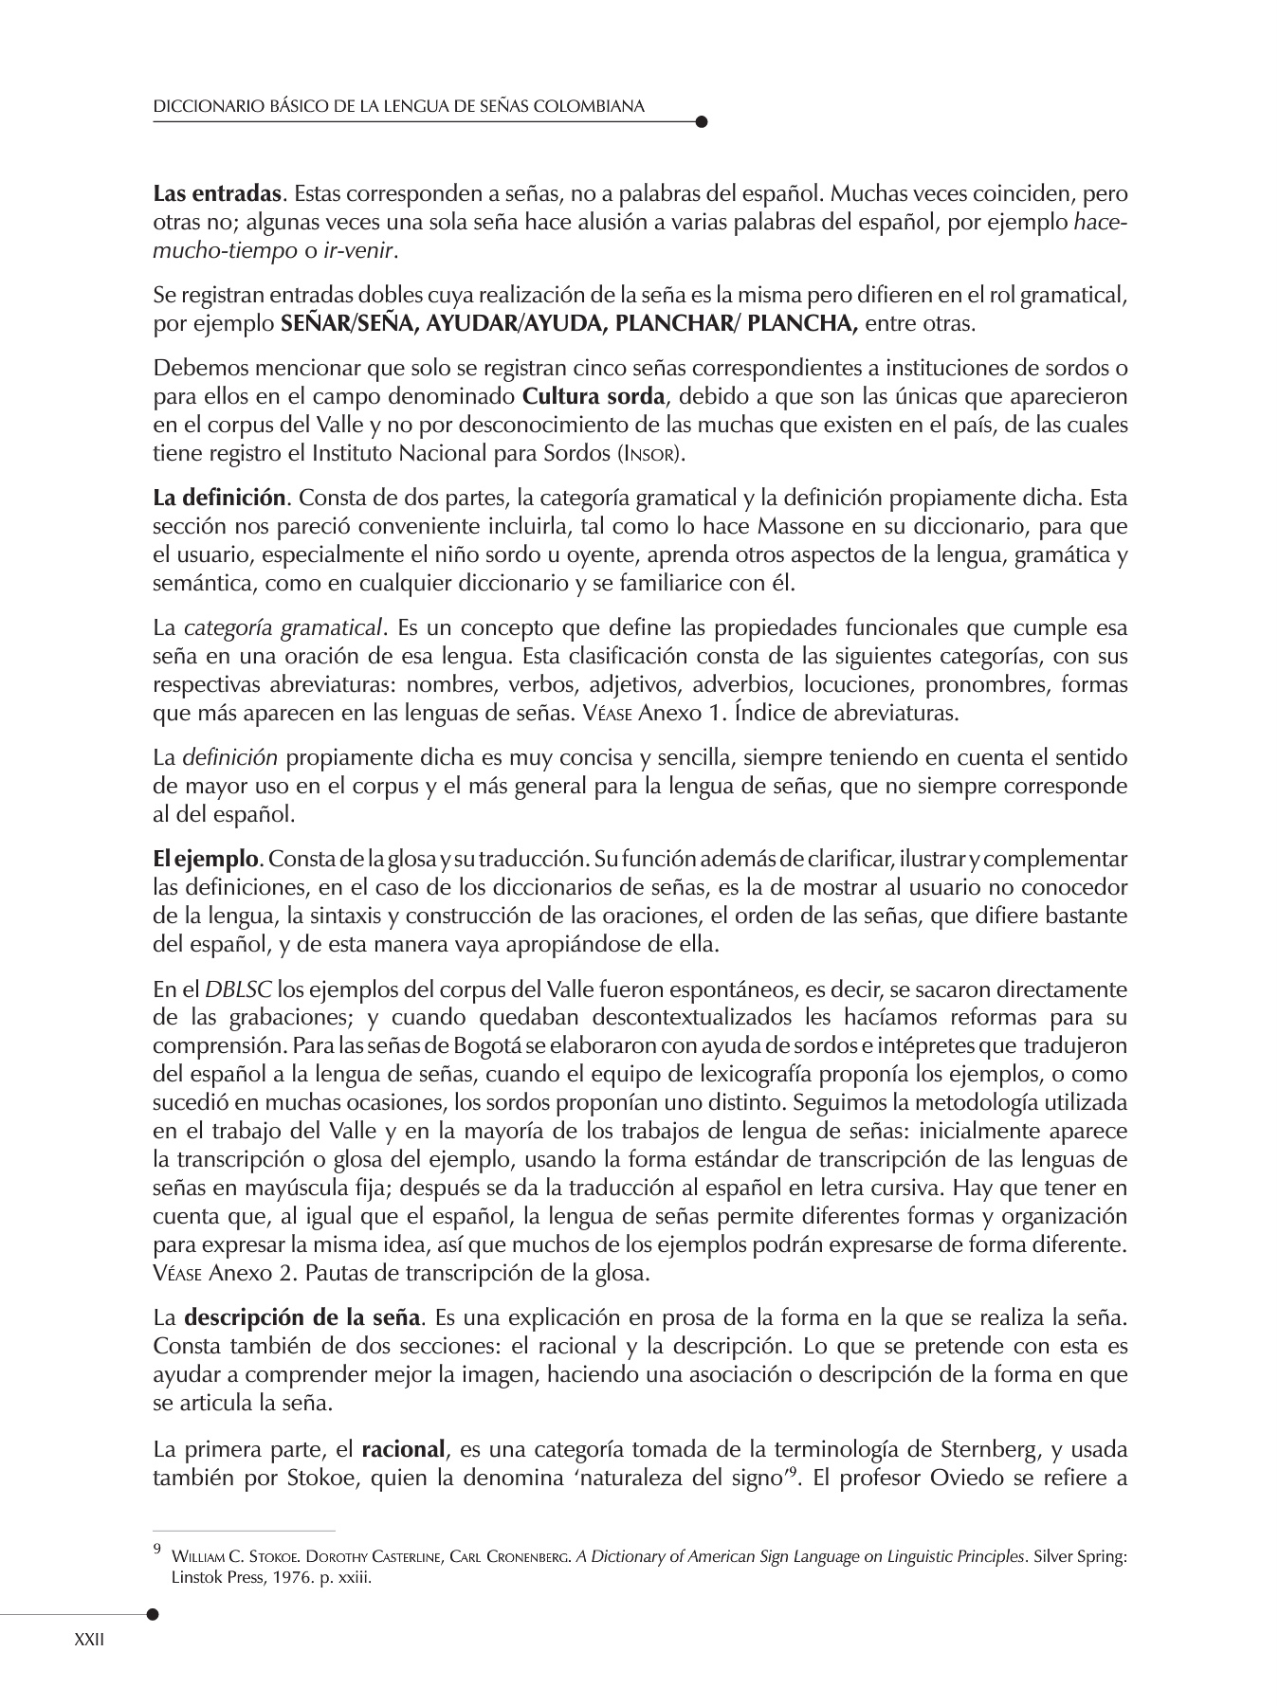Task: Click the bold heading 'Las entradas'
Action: tap(217, 195)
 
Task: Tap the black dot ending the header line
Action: tap(701, 121)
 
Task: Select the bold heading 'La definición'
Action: tap(219, 498)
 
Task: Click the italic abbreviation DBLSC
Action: tap(239, 990)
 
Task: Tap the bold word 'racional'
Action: tap(403, 1449)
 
